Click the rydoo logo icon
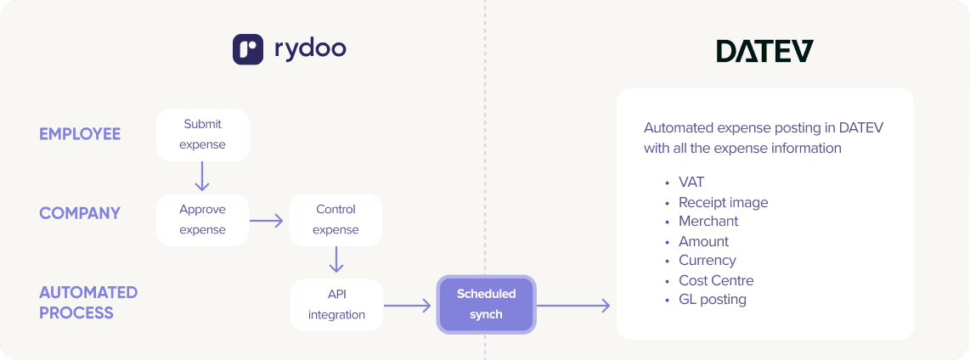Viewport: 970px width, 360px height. pyautogui.click(x=248, y=49)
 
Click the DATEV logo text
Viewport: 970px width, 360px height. pyautogui.click(x=764, y=51)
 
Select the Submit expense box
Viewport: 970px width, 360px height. pyautogui.click(x=203, y=134)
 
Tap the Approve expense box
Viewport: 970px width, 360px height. pyautogui.click(x=203, y=220)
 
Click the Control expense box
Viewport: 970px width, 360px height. pyautogui.click(x=336, y=220)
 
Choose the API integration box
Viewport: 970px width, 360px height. pyautogui.click(x=336, y=305)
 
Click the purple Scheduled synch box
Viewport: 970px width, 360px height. pyautogui.click(x=486, y=304)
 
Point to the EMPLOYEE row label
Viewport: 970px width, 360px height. pyautogui.click(x=80, y=134)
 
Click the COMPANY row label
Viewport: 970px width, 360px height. pyautogui.click(x=80, y=213)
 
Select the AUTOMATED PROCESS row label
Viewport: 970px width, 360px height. pyautogui.click(x=88, y=302)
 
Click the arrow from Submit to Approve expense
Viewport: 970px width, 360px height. pyautogui.click(x=202, y=177)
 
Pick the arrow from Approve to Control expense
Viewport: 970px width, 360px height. pyautogui.click(x=268, y=221)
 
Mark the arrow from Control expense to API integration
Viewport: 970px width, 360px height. pyautogui.click(x=336, y=260)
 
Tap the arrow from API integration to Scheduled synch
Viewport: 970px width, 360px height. pyautogui.click(x=409, y=305)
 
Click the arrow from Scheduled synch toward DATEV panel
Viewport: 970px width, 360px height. pyautogui.click(x=574, y=305)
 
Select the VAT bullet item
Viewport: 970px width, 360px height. pyautogui.click(x=691, y=182)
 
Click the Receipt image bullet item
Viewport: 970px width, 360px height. pyautogui.click(x=723, y=202)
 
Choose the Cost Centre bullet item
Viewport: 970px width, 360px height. pyautogui.click(x=715, y=280)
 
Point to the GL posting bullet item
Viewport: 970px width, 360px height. pyautogui.click(x=712, y=299)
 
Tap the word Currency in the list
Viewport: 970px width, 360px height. pyautogui.click(x=707, y=260)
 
